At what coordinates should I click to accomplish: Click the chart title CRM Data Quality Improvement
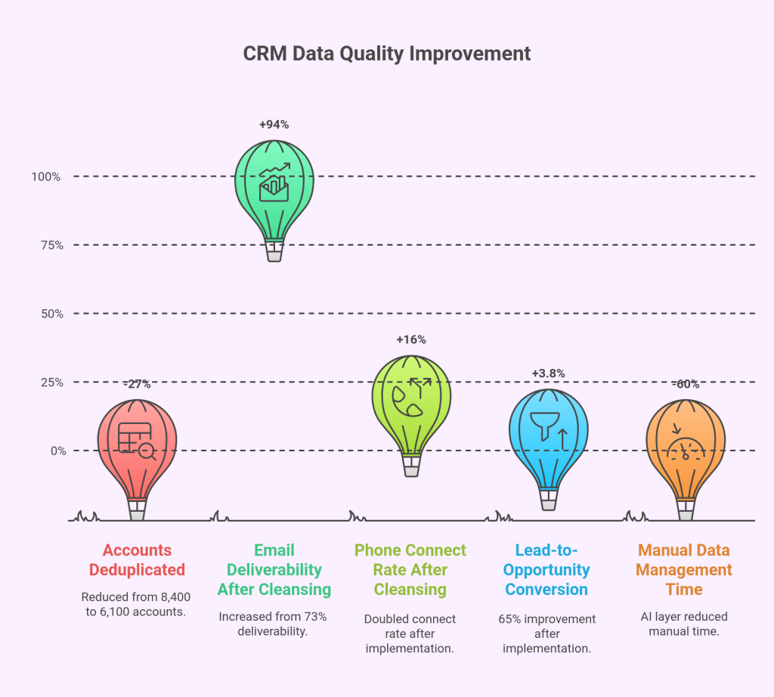click(x=386, y=54)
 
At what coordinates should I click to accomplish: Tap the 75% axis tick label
click(x=49, y=245)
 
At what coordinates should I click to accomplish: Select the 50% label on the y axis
click(x=49, y=314)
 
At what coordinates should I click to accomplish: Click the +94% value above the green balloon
click(x=274, y=125)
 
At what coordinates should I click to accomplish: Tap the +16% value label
click(x=410, y=339)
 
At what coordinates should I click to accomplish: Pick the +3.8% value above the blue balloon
click(x=548, y=373)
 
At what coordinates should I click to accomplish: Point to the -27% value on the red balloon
click(x=137, y=384)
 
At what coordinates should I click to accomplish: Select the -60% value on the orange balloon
click(x=686, y=384)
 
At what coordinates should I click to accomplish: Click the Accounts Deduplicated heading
click(x=137, y=560)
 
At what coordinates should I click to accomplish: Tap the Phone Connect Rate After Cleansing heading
click(x=410, y=570)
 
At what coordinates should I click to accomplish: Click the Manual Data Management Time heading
click(x=685, y=570)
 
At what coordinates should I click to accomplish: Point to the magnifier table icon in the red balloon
click(x=137, y=442)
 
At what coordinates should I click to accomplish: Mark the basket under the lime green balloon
click(x=411, y=466)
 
